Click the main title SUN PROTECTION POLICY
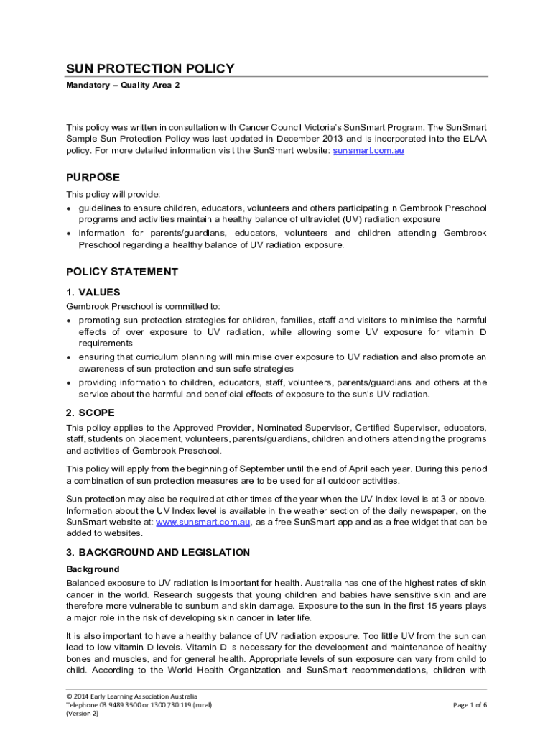tap(150, 69)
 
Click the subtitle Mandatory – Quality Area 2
tap(123, 86)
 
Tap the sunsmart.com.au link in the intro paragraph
tap(368, 151)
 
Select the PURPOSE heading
tap(93, 178)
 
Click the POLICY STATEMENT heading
tap(121, 272)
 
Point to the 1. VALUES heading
tap(93, 293)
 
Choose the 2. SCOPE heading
tap(90, 413)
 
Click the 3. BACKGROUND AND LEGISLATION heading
tap(158, 553)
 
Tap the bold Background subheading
tap(93, 569)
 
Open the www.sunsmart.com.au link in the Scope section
tap(203, 522)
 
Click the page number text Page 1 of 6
tap(470, 705)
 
